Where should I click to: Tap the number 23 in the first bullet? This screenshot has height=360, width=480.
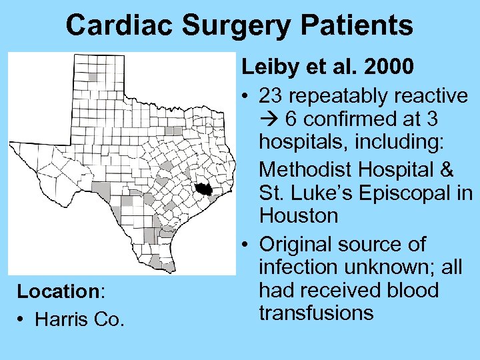(271, 97)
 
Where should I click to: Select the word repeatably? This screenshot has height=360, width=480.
(337, 97)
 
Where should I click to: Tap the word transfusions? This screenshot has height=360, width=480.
(316, 313)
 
